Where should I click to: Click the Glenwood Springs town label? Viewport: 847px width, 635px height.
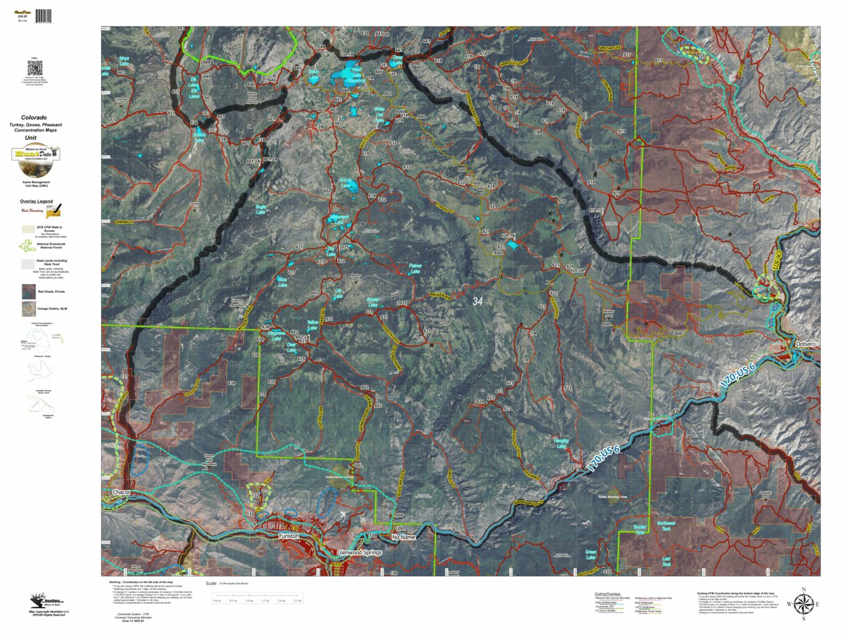pos(355,552)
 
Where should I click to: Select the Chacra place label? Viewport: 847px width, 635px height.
pos(122,492)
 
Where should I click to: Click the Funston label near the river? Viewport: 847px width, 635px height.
pos(288,536)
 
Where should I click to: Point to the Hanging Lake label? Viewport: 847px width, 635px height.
pos(561,442)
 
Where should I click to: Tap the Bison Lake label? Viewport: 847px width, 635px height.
pos(313,73)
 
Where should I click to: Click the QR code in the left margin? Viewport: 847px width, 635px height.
pos(35,68)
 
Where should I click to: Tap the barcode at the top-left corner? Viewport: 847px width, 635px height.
pos(43,15)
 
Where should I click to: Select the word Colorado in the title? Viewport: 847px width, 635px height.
pos(34,118)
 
